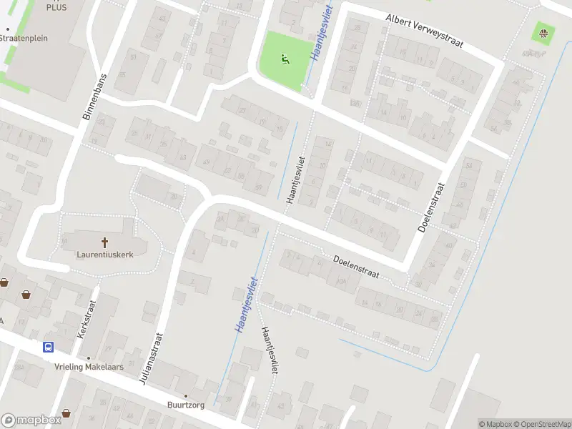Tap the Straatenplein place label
(26, 38)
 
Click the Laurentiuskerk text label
(105, 253)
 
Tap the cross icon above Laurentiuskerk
(105, 242)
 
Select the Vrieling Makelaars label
(89, 367)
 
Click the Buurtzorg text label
(186, 404)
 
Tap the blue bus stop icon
(48, 347)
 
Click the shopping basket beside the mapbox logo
(66, 413)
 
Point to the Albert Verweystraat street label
(424, 31)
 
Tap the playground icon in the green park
(285, 59)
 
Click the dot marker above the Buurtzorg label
(186, 395)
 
